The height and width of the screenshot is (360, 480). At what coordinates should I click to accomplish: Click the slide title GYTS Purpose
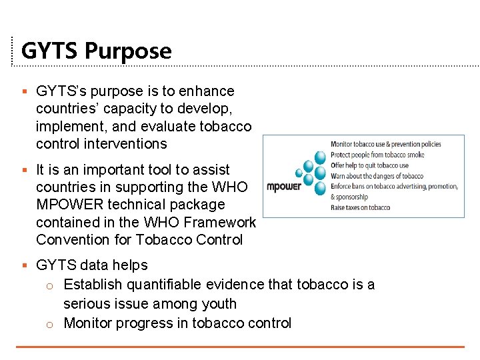pyautogui.click(x=96, y=51)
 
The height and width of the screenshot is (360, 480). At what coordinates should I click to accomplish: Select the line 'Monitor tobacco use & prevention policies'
pyautogui.click(x=385, y=144)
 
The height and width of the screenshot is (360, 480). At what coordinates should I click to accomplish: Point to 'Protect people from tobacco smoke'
pyautogui.click(x=377, y=155)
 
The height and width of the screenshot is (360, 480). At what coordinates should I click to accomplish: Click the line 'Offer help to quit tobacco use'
pyautogui.click(x=369, y=165)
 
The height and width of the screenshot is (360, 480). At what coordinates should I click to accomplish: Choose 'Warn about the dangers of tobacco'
pyautogui.click(x=376, y=176)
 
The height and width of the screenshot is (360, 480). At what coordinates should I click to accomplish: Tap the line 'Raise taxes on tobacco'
pyautogui.click(x=360, y=207)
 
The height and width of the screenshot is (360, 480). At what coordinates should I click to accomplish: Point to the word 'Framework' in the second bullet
pyautogui.click(x=223, y=222)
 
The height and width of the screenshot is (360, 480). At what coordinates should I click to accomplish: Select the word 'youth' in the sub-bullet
pyautogui.click(x=218, y=304)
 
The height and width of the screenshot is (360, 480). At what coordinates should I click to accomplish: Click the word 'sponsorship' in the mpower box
pyautogui.click(x=351, y=197)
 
